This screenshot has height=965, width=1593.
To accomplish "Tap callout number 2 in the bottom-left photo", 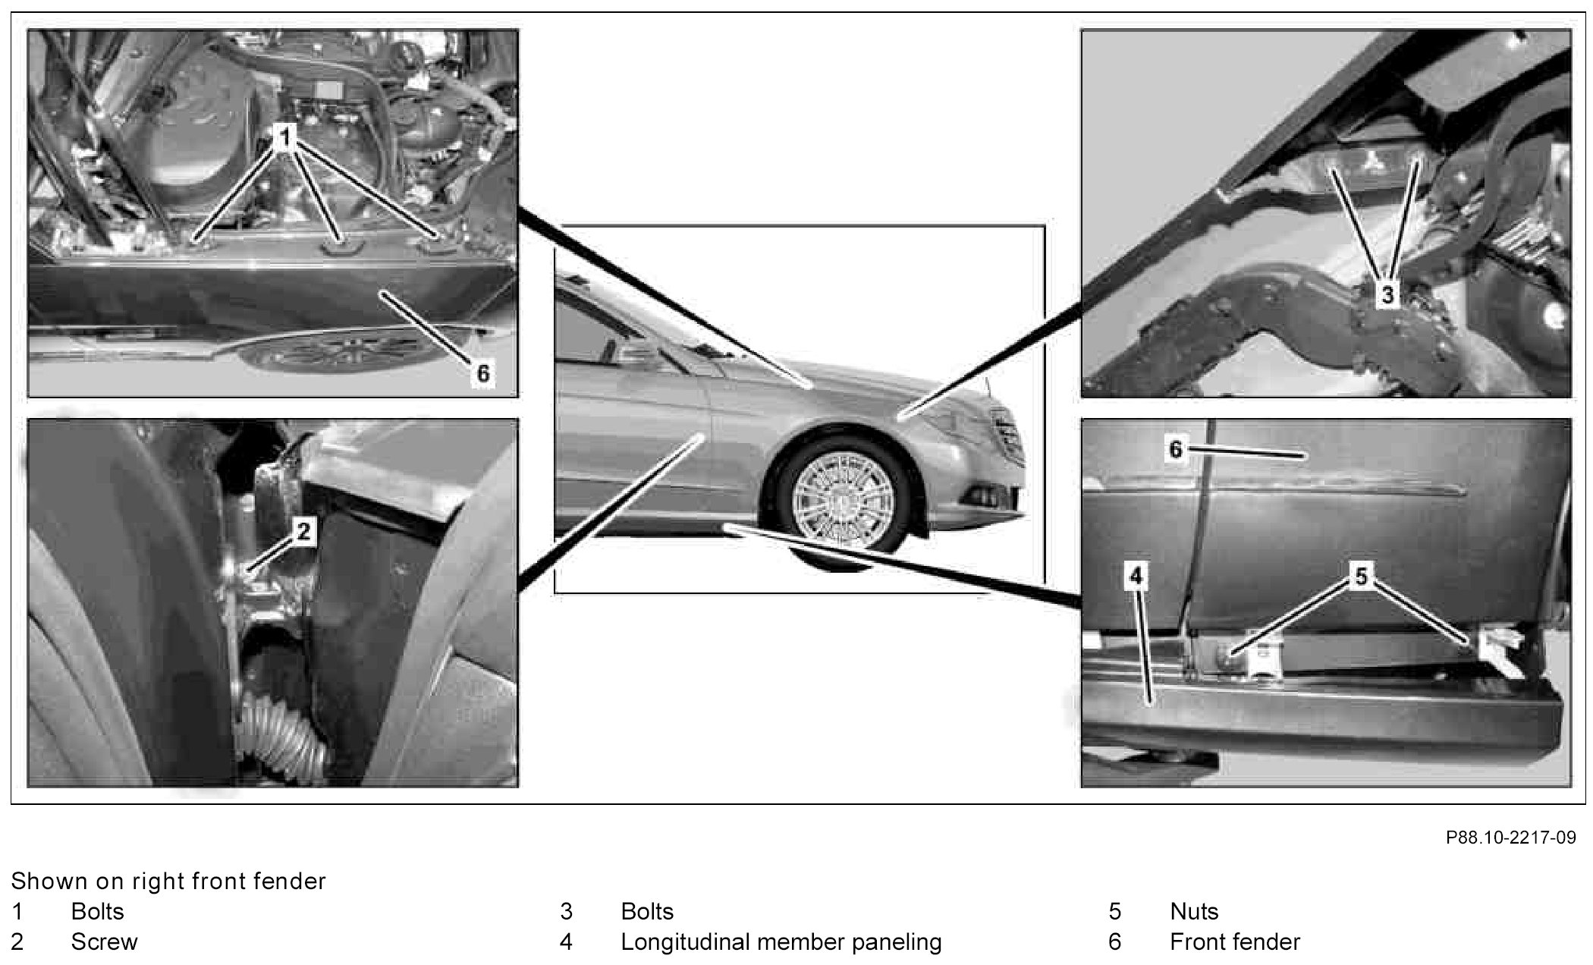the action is (x=303, y=531).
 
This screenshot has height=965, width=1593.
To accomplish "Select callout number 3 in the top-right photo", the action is (x=1387, y=293).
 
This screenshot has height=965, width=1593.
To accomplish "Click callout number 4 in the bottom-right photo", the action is (x=1136, y=577).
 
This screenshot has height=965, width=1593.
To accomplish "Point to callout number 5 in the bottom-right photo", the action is (x=1362, y=577).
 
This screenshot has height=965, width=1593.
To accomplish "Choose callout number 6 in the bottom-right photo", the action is (x=1176, y=449).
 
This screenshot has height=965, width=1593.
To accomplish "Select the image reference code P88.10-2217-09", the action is (x=1510, y=838).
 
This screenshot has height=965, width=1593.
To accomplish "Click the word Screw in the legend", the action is (x=104, y=942).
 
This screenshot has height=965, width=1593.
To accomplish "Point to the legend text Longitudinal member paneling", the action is (x=781, y=943).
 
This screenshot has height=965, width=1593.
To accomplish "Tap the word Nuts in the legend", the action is (x=1194, y=911).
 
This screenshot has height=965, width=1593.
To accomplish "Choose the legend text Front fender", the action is (x=1235, y=942).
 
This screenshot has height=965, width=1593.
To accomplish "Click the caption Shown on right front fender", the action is (x=168, y=881).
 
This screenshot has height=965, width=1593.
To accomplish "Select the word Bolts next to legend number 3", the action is (x=647, y=911).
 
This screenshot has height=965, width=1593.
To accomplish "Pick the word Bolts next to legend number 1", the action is (x=97, y=911).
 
